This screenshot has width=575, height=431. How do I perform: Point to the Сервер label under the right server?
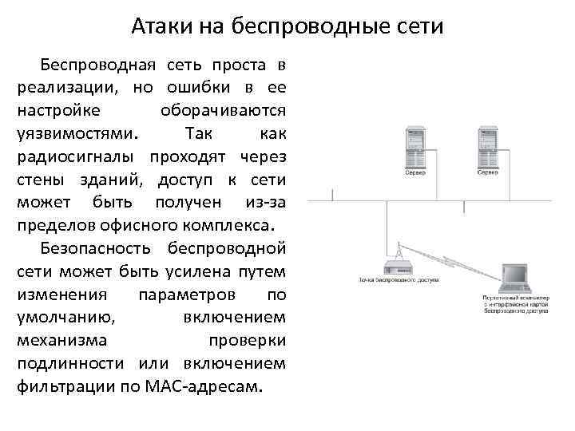click(488, 172)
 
